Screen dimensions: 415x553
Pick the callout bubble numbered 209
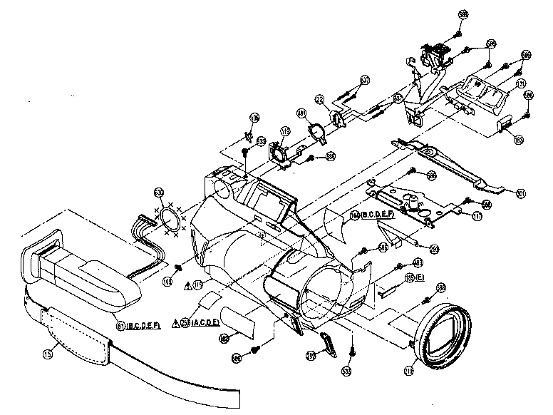(x=311, y=354)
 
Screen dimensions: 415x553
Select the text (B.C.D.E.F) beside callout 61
(x=147, y=326)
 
